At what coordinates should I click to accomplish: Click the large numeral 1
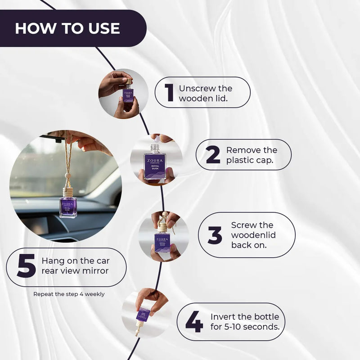click(170, 92)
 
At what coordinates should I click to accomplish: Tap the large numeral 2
click(213, 155)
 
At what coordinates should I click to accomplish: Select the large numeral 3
click(215, 235)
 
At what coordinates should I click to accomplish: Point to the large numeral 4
click(194, 322)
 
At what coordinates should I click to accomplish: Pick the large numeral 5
click(26, 265)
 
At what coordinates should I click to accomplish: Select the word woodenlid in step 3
click(253, 235)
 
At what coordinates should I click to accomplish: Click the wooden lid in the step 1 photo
click(129, 81)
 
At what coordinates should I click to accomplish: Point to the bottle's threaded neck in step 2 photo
click(155, 149)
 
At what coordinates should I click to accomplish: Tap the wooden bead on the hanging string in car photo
click(67, 175)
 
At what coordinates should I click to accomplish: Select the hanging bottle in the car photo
click(68, 203)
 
